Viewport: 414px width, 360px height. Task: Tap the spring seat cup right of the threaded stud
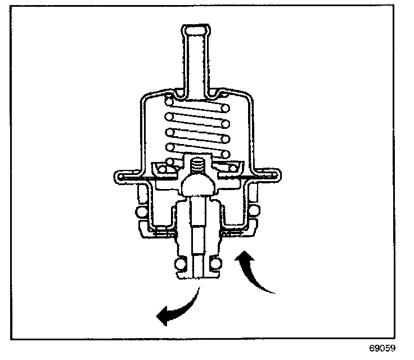228,168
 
